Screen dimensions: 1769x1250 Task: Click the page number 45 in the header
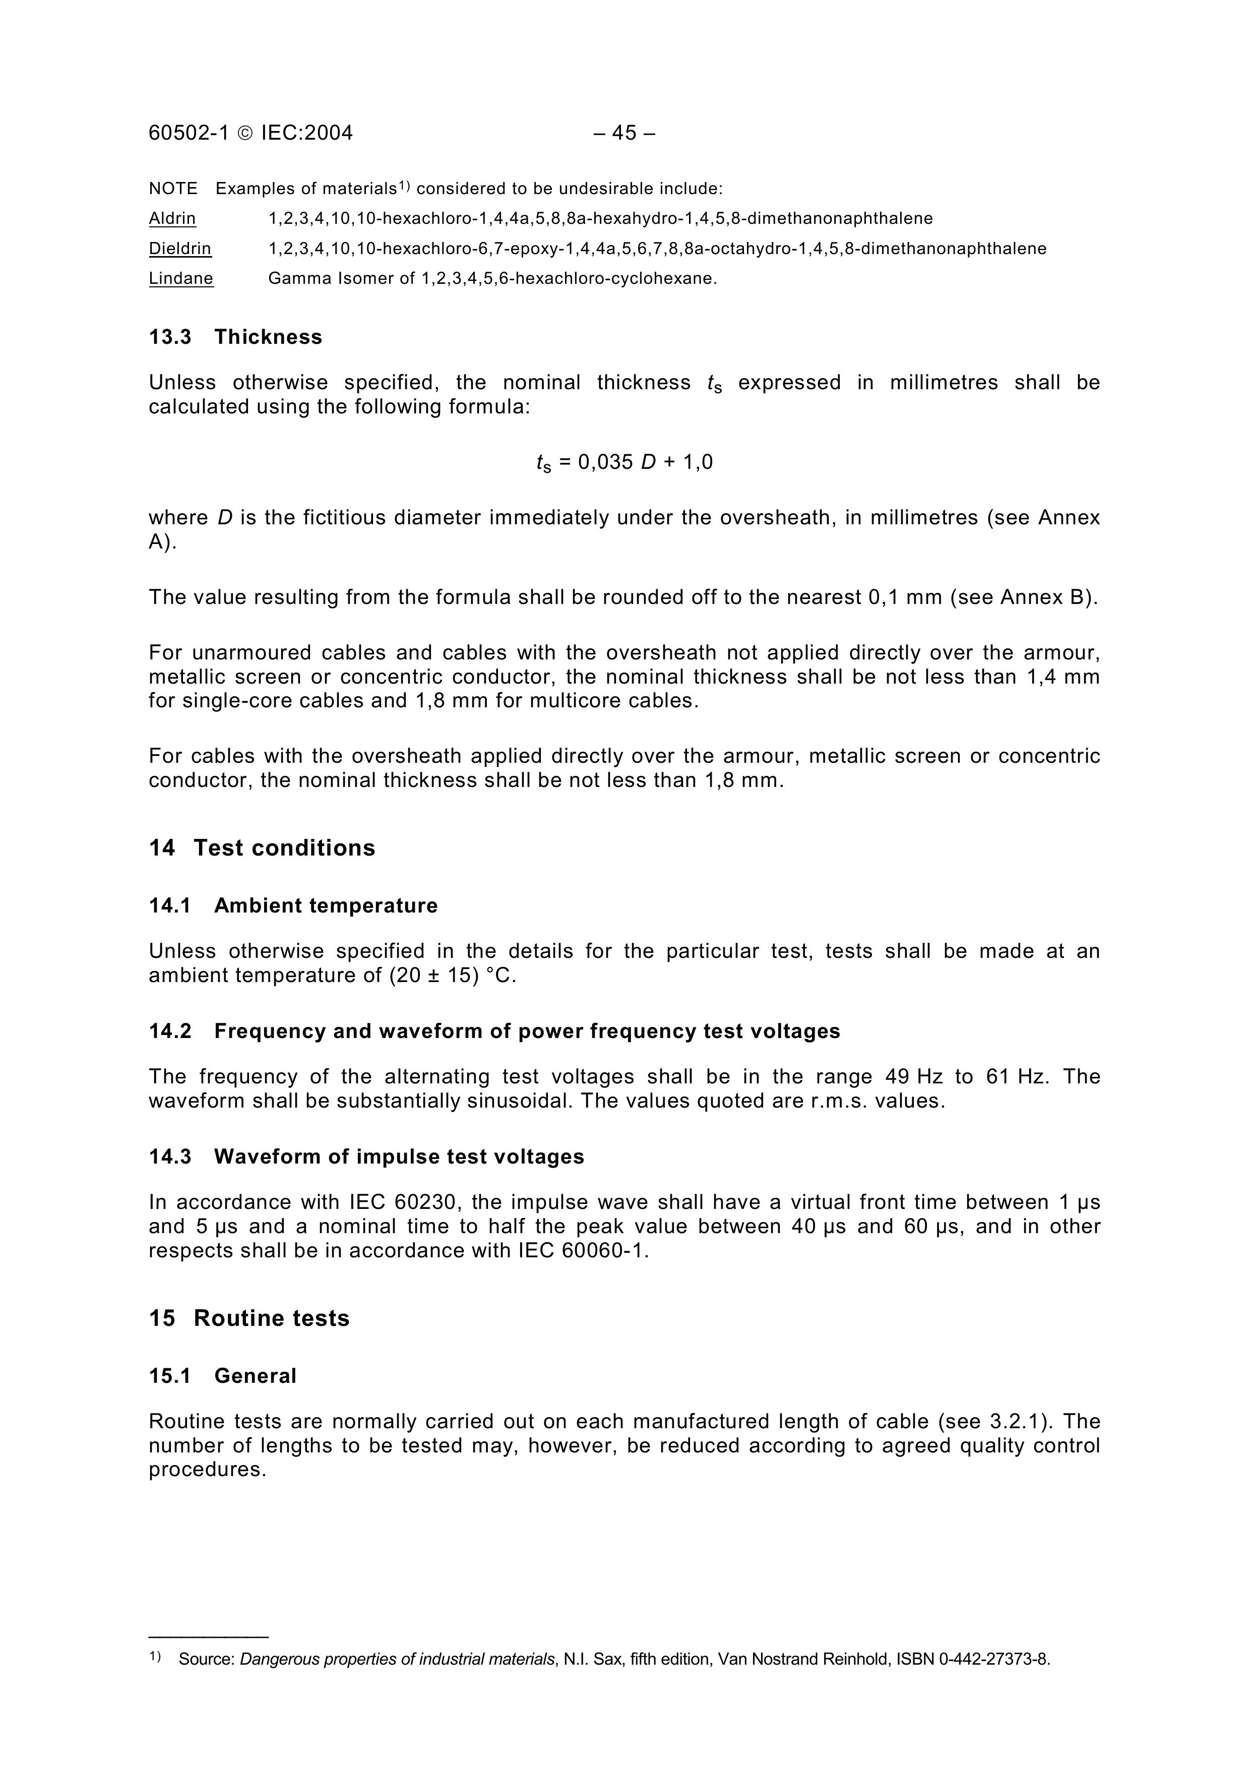pos(624,133)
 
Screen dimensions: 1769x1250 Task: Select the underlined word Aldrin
pos(172,219)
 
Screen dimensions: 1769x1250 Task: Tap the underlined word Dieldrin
pos(179,249)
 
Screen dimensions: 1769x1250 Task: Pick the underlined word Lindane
pos(181,279)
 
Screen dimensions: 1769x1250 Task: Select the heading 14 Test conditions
pos(262,848)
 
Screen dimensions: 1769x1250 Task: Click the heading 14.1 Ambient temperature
pos(293,906)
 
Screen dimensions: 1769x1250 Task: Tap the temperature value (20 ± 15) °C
pos(452,976)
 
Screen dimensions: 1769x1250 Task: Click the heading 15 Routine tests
pos(249,1319)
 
